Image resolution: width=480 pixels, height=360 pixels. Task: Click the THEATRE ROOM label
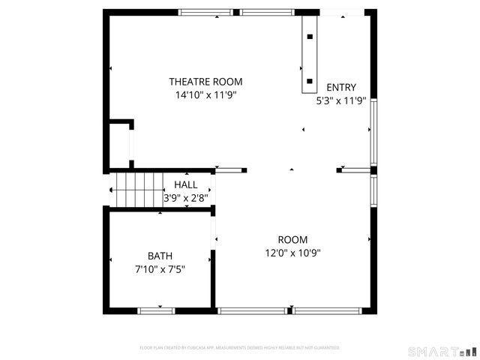tap(205, 82)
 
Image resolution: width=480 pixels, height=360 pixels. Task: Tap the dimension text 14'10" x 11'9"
tap(205, 95)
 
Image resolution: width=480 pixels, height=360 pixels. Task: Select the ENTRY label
tap(341, 87)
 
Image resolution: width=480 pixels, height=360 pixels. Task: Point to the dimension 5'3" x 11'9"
tap(341, 100)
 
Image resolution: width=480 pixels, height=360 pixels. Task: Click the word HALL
tap(186, 184)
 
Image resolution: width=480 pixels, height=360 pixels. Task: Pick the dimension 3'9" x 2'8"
tap(186, 198)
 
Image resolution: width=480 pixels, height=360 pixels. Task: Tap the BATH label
tap(160, 256)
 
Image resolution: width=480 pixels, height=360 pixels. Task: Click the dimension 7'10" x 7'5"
tap(160, 268)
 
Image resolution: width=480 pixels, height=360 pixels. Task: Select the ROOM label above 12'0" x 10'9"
tap(293, 239)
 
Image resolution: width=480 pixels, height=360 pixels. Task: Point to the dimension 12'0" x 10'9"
tap(293, 253)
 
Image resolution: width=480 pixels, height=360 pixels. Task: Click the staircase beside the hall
tap(137, 190)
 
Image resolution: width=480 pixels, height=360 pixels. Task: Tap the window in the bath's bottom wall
tap(156, 310)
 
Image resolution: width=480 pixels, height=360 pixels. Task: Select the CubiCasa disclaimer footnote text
tap(240, 348)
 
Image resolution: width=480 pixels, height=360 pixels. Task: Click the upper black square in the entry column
tap(310, 35)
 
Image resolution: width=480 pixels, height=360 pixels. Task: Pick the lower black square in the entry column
tap(310, 79)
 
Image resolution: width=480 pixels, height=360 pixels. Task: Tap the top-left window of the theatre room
tap(205, 12)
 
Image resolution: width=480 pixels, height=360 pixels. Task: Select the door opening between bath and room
tap(214, 232)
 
